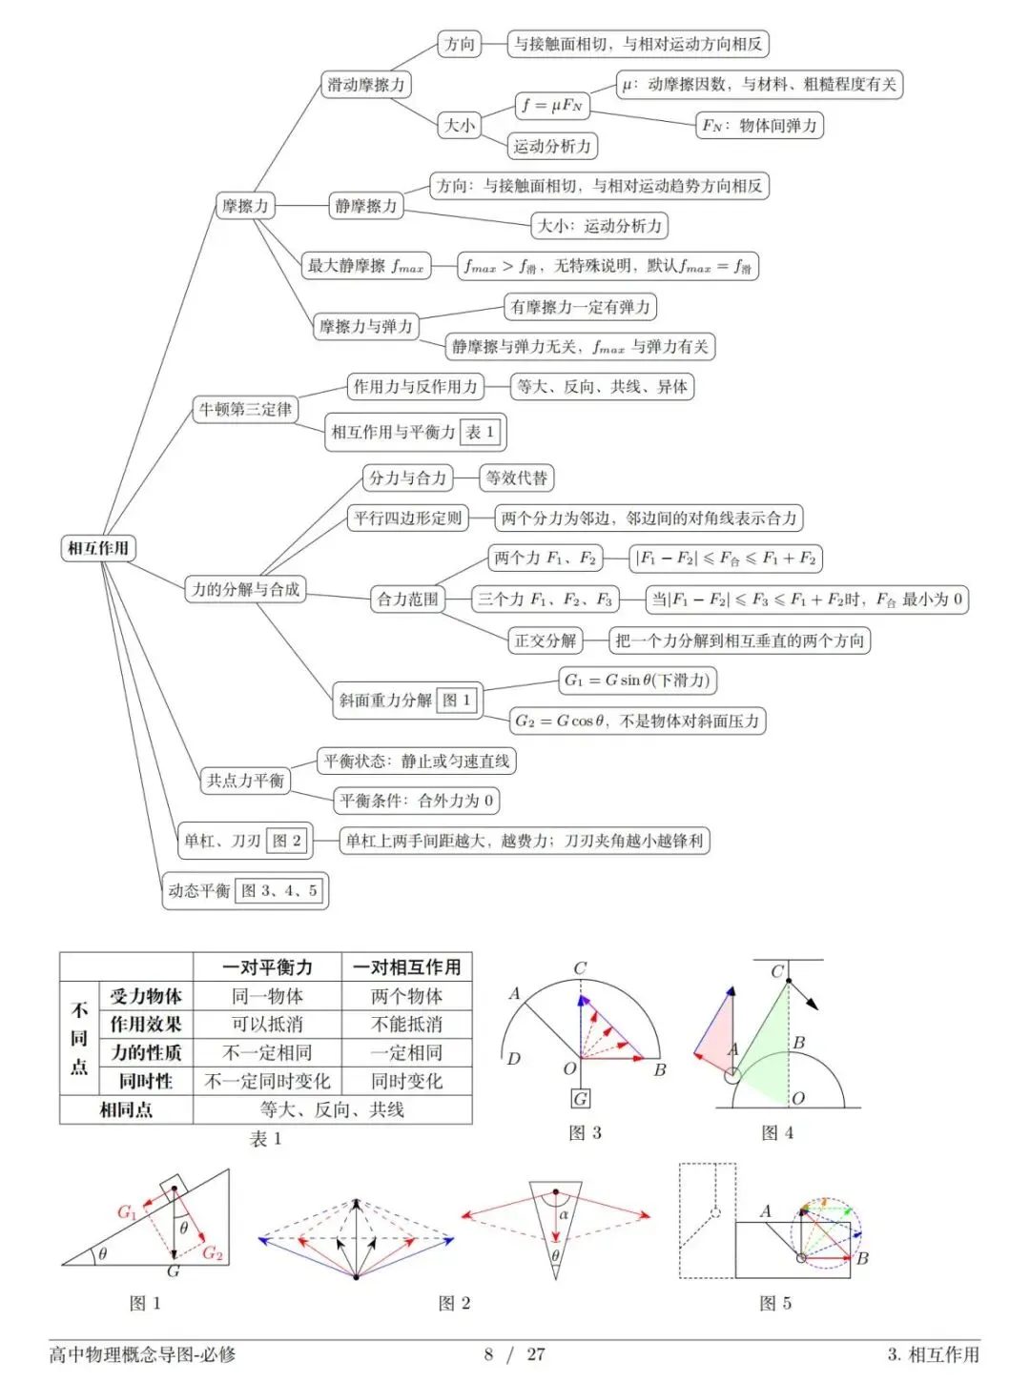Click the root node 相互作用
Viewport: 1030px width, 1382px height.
[98, 548]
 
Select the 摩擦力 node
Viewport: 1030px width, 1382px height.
[245, 206]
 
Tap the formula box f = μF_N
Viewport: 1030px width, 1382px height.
[552, 105]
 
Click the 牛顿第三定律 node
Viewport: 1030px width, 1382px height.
[245, 410]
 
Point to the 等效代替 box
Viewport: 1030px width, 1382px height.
[516, 478]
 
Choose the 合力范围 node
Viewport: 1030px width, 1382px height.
[408, 599]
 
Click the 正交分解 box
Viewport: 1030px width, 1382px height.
[546, 640]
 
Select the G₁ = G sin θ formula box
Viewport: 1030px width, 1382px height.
[637, 680]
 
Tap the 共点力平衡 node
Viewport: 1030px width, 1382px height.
[245, 781]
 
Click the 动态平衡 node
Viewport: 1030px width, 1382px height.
[245, 890]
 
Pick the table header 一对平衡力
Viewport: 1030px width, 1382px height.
[267, 967]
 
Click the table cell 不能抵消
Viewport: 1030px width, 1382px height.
[406, 1024]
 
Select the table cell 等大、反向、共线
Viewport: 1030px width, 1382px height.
[332, 1109]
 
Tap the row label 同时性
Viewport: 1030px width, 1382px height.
[146, 1081]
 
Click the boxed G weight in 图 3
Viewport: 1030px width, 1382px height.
[581, 1098]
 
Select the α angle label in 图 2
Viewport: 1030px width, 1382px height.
[564, 1214]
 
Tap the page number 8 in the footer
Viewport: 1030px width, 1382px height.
[488, 1354]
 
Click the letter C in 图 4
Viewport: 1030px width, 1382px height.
[777, 971]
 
